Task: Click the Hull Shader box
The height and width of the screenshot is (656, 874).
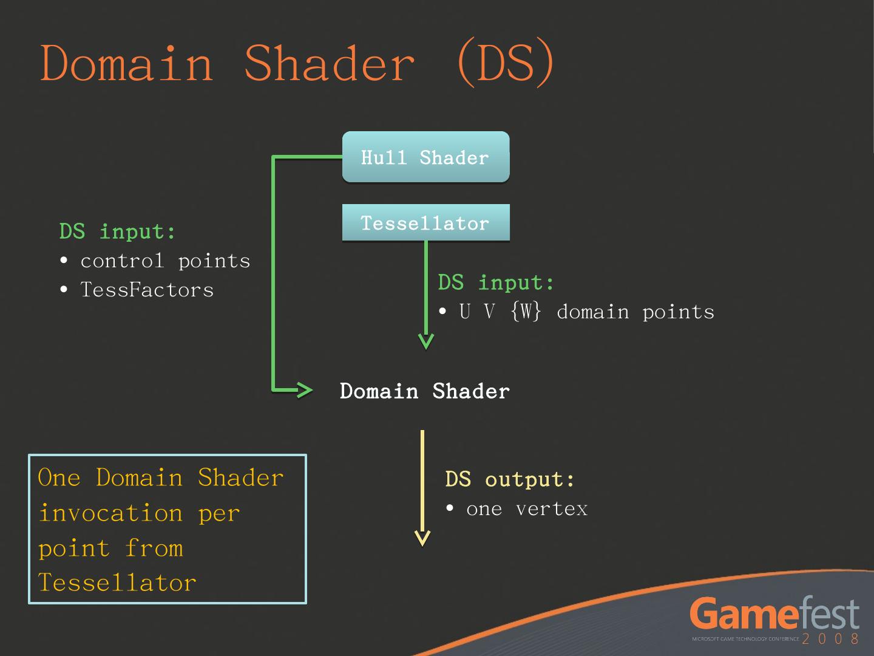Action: click(425, 157)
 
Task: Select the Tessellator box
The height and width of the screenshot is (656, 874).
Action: click(425, 223)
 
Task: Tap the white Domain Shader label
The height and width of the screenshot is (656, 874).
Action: click(424, 391)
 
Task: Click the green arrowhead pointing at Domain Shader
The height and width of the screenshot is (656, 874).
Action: click(303, 389)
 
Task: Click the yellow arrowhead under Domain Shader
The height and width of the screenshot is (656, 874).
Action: click(422, 538)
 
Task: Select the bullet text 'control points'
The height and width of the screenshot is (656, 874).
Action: click(165, 261)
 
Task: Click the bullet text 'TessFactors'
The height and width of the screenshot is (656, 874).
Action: click(147, 290)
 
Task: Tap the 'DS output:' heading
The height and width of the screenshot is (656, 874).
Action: click(510, 479)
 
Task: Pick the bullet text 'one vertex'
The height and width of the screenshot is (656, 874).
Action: click(527, 508)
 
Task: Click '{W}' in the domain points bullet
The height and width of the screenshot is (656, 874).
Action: click(526, 312)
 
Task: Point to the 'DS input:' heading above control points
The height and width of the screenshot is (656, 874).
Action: click(118, 231)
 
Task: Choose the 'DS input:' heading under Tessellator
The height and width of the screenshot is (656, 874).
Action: click(496, 282)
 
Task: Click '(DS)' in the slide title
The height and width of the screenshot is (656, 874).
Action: click(505, 63)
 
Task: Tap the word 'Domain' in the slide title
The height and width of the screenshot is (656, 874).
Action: click(127, 63)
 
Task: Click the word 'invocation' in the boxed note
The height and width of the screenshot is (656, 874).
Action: click(110, 513)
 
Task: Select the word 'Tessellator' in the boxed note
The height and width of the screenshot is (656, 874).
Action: click(117, 583)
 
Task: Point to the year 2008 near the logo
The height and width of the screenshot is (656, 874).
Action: click(830, 638)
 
